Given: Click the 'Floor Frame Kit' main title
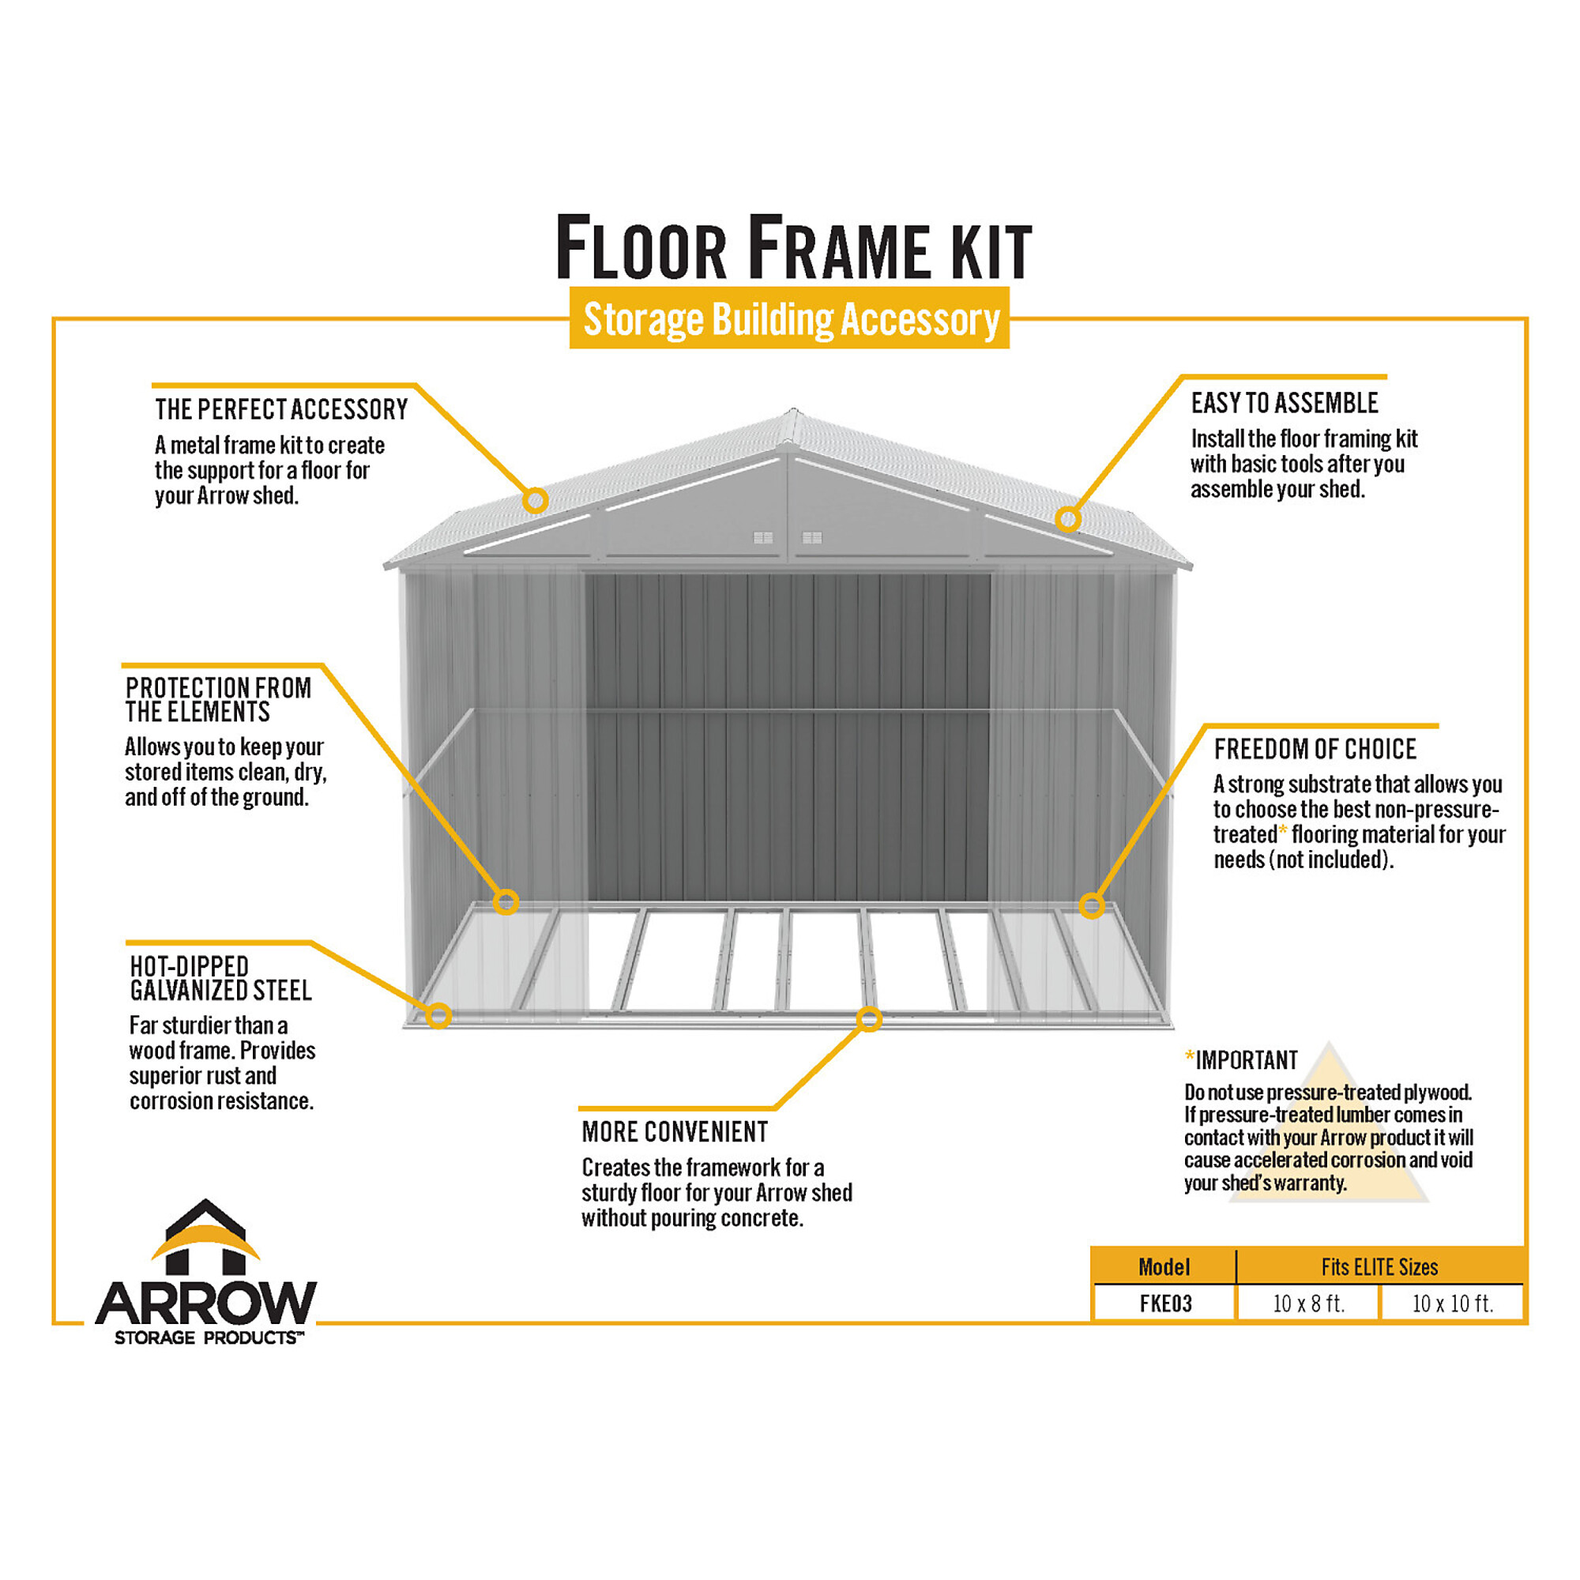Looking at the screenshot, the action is [793, 247].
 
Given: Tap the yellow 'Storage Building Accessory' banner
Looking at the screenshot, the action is [789, 318].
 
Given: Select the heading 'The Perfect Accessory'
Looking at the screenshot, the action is [281, 409].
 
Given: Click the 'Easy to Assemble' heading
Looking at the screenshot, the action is [1284, 403].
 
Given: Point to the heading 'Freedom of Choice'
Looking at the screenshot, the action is [1315, 748].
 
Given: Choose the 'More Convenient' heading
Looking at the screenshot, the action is [675, 1132].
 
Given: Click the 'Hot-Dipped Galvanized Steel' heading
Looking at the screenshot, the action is [221, 978].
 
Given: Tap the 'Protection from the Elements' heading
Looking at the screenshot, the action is [218, 700].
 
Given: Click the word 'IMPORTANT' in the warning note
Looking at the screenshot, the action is [1247, 1061].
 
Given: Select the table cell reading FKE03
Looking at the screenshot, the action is [1165, 1303].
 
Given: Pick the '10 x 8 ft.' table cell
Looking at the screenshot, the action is [1308, 1303].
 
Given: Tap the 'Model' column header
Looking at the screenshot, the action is [1164, 1267].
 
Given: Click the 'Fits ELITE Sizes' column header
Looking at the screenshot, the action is [1379, 1267].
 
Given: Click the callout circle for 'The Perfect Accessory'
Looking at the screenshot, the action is [536, 500].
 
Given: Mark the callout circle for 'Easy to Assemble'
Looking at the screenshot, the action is [1068, 518].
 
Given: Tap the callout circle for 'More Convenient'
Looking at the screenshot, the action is [868, 1019].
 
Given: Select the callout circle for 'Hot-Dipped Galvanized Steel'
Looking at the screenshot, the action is [439, 1016].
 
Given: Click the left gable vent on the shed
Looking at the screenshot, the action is [763, 537].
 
